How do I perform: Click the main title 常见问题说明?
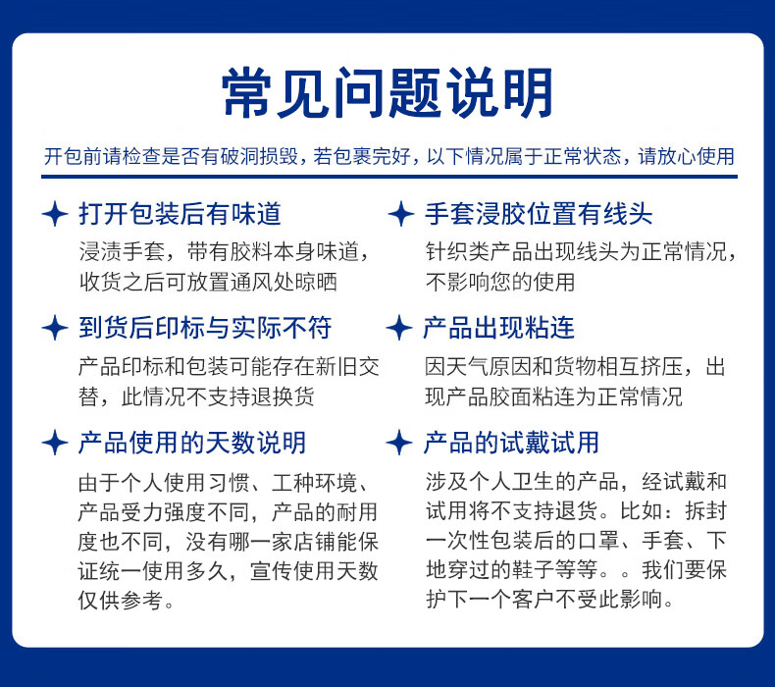click(387, 92)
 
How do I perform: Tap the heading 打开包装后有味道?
click(180, 214)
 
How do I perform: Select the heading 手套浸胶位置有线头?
click(539, 214)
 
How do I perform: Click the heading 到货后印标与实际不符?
click(205, 328)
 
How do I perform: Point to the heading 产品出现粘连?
click(498, 328)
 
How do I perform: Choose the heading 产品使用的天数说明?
click(192, 442)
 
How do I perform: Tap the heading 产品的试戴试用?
click(511, 442)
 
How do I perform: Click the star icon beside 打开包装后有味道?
click(55, 214)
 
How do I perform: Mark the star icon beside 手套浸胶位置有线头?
click(401, 214)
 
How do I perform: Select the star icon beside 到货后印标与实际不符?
click(54, 328)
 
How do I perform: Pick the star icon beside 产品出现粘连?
click(399, 328)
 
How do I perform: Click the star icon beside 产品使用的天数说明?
click(54, 442)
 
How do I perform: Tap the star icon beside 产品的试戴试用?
click(399, 442)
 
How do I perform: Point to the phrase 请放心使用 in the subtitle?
click(687, 156)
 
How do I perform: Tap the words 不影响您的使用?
click(500, 282)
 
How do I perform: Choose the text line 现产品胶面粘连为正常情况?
click(553, 396)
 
